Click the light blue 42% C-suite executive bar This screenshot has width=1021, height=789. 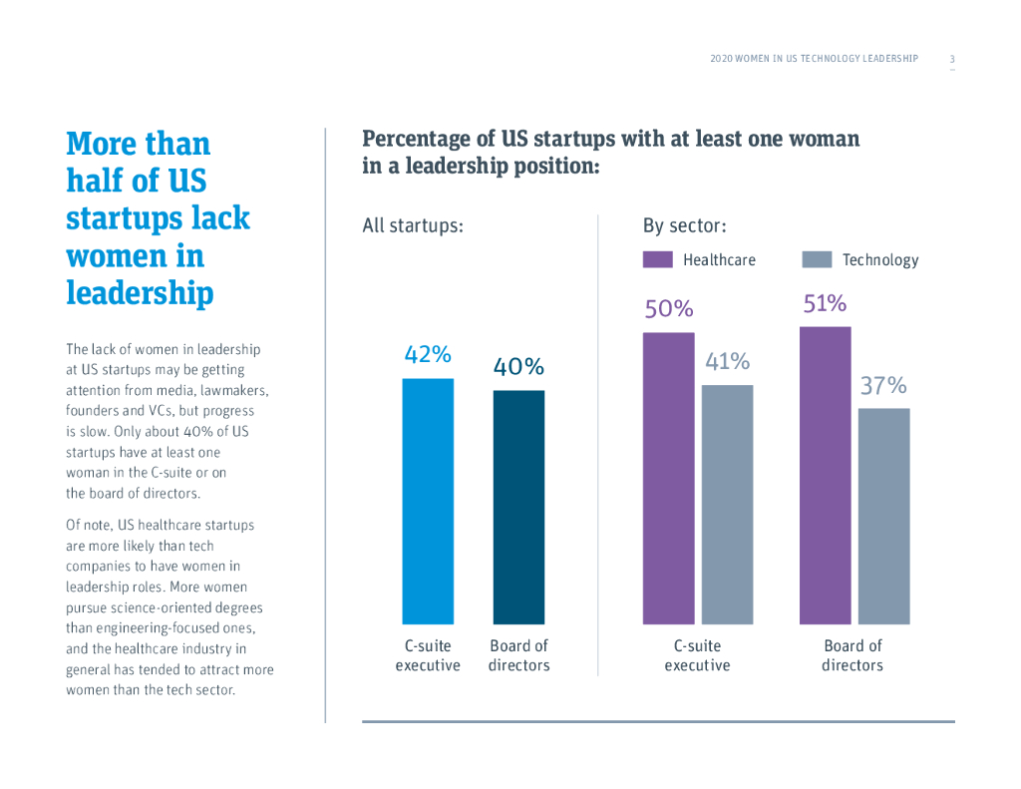428,501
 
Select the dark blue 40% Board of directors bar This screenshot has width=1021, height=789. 518,507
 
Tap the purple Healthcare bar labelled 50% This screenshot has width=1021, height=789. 668,478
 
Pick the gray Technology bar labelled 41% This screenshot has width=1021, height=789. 727,504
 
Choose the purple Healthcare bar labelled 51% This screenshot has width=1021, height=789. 825,475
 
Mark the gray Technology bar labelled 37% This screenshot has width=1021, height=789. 883,516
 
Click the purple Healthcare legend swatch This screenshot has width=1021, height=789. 658,260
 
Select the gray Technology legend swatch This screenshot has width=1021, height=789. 817,260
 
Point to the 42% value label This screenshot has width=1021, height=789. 428,354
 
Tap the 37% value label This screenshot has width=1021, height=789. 883,386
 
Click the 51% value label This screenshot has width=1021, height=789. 825,303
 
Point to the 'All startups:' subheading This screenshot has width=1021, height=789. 413,225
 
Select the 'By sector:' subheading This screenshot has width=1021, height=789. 684,225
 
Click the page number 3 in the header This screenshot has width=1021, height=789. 952,59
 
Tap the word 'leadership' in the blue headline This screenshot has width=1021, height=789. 140,293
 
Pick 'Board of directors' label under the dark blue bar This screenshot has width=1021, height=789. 518,655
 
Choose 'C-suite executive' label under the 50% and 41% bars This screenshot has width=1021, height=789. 697,655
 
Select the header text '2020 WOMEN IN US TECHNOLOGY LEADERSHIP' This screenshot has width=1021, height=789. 814,59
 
